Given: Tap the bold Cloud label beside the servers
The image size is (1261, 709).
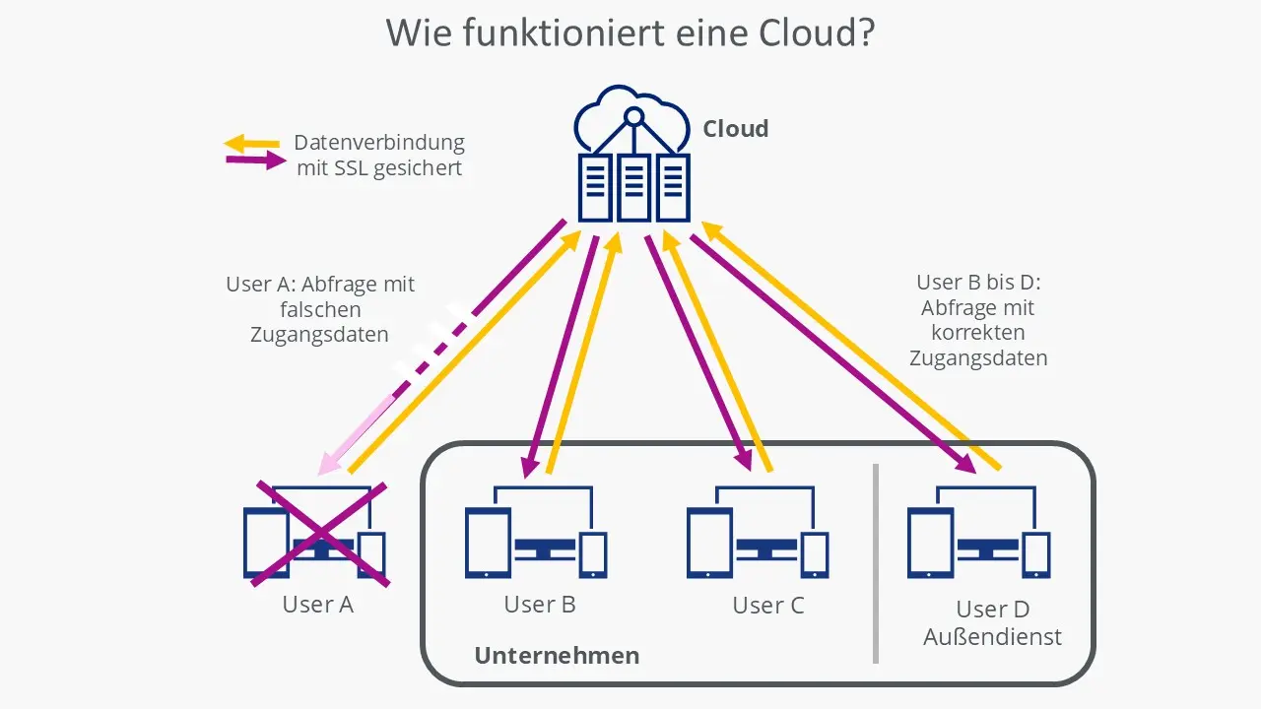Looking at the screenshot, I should (x=735, y=129).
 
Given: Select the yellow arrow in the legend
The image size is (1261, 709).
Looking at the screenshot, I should (x=252, y=144).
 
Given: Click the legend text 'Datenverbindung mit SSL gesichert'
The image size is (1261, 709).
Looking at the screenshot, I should (x=379, y=156).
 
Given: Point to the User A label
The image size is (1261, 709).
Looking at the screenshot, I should (x=317, y=604).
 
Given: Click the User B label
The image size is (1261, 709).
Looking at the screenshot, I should (x=539, y=604).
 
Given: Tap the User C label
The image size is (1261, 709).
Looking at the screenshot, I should (x=767, y=606).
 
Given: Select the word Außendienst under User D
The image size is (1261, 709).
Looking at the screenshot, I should (x=992, y=637).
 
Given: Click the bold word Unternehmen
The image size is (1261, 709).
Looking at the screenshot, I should (x=557, y=656).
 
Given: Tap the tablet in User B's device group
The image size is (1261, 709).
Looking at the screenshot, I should (x=488, y=543).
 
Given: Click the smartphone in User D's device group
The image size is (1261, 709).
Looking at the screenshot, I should (x=1035, y=553).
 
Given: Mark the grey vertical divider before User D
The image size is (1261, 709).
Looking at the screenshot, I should (x=875, y=562).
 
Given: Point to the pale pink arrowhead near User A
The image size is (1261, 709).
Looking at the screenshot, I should (x=329, y=463).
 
